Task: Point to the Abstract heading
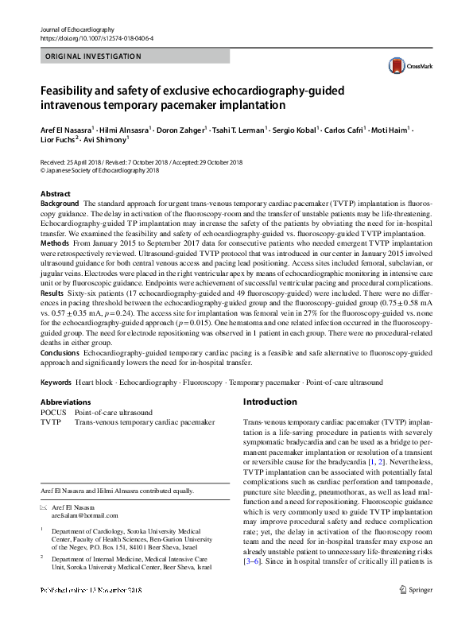click(55, 194)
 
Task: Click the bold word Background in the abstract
click(60, 204)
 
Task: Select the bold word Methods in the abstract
click(54, 242)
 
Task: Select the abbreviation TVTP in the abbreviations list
click(51, 423)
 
